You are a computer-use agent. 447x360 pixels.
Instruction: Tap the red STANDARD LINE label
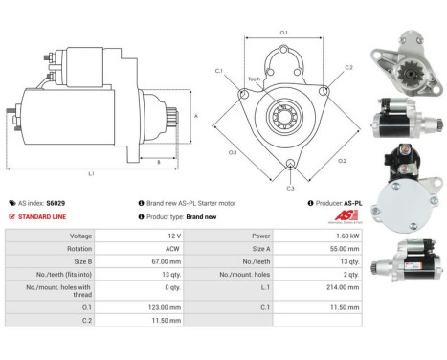42,216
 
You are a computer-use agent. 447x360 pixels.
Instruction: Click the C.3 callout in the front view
290,188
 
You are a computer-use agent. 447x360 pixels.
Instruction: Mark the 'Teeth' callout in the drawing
254,79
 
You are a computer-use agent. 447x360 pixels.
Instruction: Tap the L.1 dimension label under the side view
91,173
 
